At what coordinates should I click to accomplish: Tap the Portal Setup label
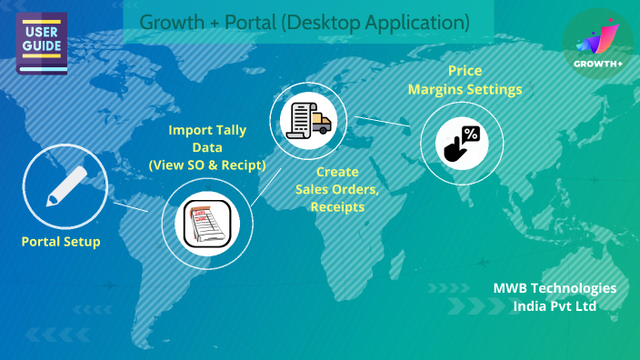(61, 242)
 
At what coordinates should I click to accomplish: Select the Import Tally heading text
(208, 130)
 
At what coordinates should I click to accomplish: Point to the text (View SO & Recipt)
(207, 165)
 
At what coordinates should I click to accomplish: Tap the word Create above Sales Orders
(337, 172)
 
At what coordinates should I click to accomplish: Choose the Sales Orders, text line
(337, 189)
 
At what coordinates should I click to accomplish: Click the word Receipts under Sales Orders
(337, 206)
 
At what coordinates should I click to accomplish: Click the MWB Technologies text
(555, 288)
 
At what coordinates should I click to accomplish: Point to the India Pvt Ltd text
(555, 306)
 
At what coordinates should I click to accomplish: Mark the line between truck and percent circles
(382, 122)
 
